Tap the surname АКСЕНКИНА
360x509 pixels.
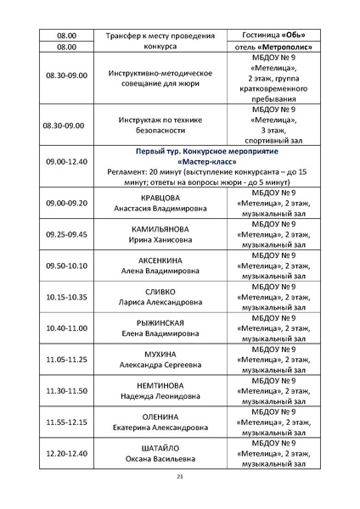155,260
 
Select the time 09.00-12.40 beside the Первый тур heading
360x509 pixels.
67,160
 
